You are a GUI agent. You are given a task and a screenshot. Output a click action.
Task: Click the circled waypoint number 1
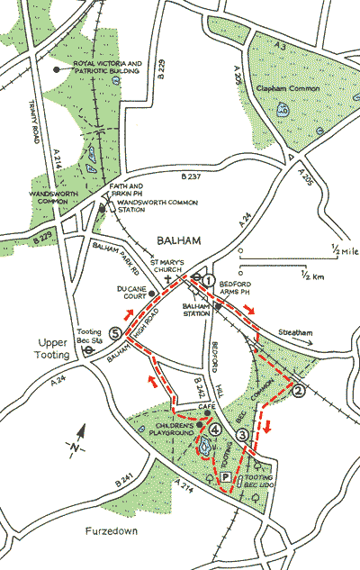point(209,281)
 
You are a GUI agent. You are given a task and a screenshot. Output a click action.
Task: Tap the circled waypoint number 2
point(299,391)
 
